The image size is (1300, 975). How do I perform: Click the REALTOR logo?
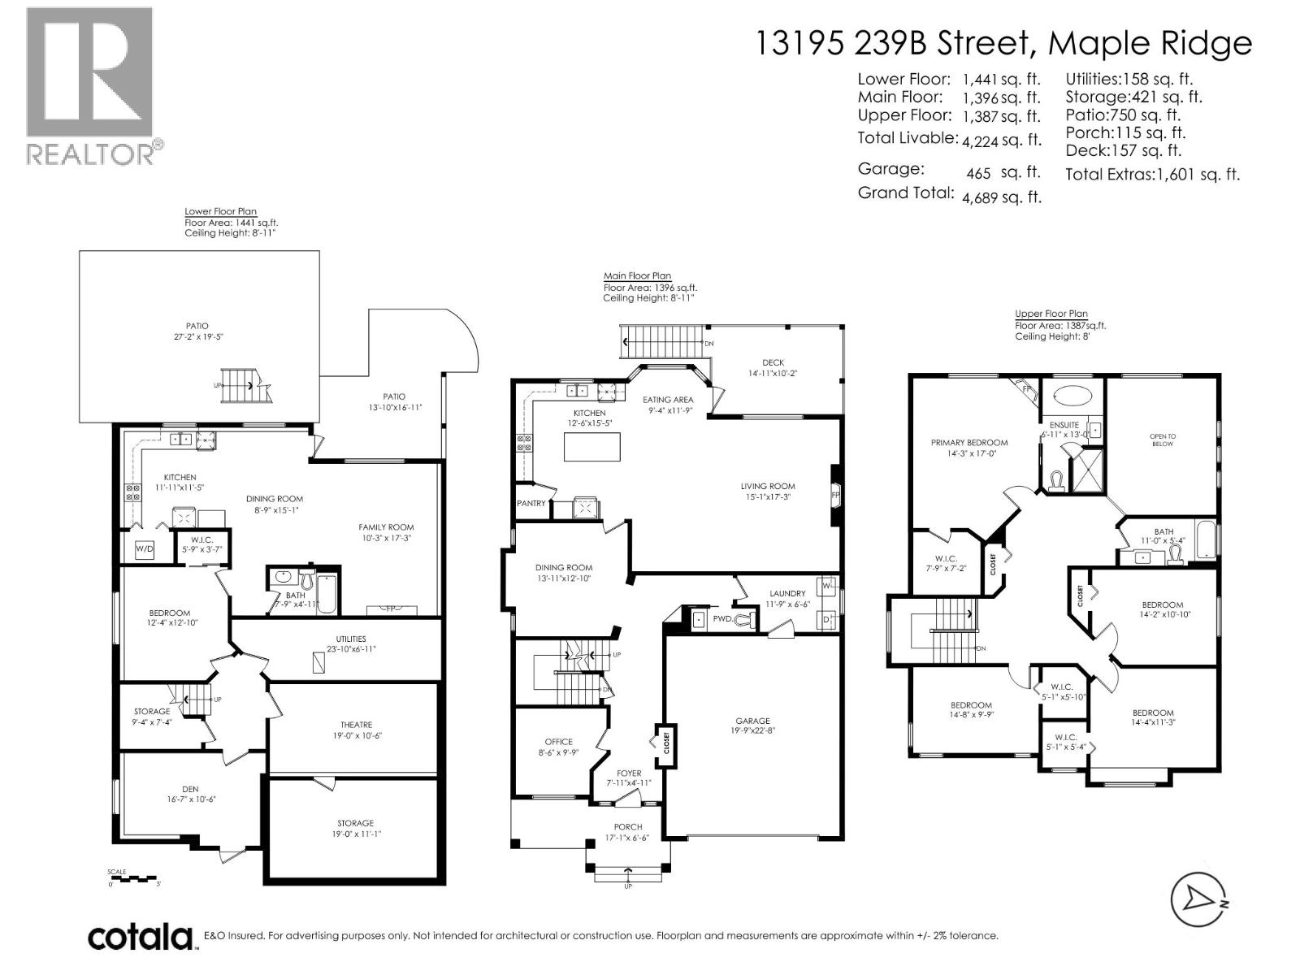tap(93, 86)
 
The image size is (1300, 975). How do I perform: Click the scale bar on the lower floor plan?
tap(133, 878)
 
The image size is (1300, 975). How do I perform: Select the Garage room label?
tap(752, 721)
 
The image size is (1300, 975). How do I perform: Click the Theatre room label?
tap(357, 725)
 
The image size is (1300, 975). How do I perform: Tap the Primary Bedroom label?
tap(969, 443)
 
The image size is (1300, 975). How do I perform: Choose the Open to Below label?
tap(1163, 440)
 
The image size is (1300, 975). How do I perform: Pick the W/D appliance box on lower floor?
tap(145, 548)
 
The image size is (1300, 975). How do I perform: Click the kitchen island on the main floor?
tap(592, 447)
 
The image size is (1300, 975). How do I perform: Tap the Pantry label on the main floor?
tap(531, 503)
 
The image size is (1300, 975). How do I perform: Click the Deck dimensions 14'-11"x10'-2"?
tap(773, 374)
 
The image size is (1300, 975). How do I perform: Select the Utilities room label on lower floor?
tap(351, 639)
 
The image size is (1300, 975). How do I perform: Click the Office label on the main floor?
tap(558, 742)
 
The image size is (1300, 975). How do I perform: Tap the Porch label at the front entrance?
tap(628, 827)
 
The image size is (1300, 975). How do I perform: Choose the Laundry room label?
tap(787, 593)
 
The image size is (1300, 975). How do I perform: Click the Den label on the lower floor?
tap(190, 789)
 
